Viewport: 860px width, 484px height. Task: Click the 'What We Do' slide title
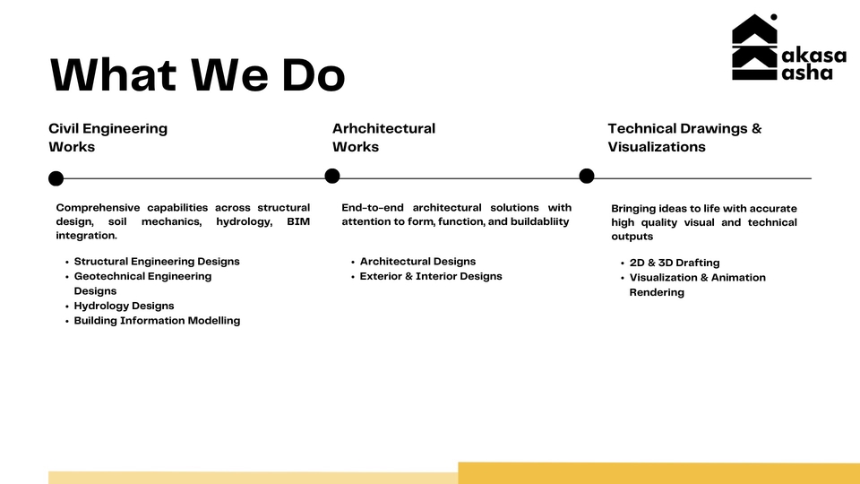click(x=197, y=74)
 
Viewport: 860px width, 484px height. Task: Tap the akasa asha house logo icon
click(x=754, y=48)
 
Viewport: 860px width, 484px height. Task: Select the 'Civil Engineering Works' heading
click(x=108, y=137)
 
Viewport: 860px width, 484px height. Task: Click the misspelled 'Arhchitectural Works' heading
click(x=384, y=137)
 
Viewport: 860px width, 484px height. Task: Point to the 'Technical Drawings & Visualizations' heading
click(x=684, y=137)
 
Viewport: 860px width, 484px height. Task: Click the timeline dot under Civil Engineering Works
click(x=56, y=178)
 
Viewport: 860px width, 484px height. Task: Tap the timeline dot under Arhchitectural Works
click(x=331, y=176)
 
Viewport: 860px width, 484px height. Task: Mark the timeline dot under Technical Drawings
click(x=586, y=176)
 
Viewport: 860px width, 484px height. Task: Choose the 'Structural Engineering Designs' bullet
click(x=157, y=261)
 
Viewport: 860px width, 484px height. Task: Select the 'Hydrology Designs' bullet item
click(x=124, y=306)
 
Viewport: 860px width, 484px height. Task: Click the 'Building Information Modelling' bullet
click(x=157, y=321)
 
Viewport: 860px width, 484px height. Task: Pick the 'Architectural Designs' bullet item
click(x=417, y=261)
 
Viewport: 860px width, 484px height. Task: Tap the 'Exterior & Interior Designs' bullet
click(x=431, y=276)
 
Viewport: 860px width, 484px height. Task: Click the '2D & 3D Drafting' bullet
click(x=674, y=263)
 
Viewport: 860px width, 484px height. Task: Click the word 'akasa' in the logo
click(x=814, y=56)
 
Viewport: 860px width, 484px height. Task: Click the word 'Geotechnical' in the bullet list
click(x=108, y=276)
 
